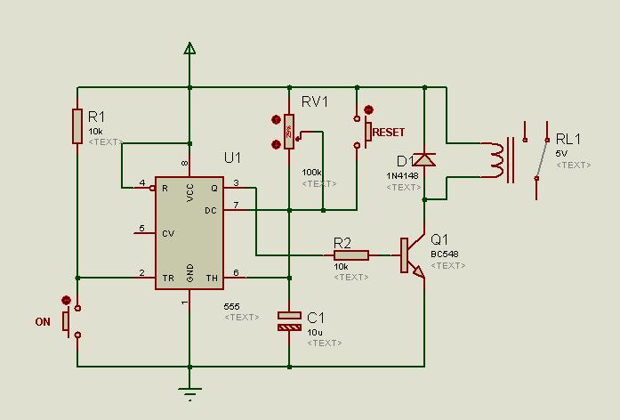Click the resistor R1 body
pos(77,125)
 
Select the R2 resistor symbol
pos(351,255)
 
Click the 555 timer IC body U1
pos(189,231)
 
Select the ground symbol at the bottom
pos(189,391)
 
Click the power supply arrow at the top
pos(189,48)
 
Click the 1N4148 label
pos(403,176)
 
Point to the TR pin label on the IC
pos(167,278)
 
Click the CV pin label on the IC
pos(167,233)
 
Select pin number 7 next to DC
pos(236,206)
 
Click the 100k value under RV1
pos(312,172)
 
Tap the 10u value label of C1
pos(314,332)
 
